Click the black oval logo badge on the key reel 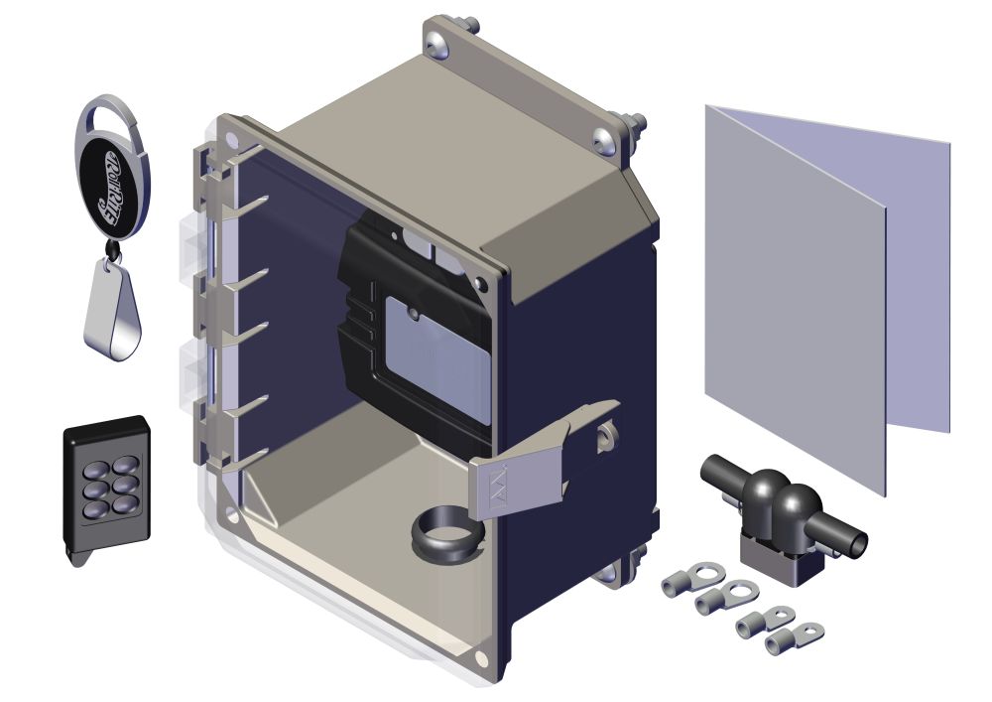(x=112, y=188)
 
